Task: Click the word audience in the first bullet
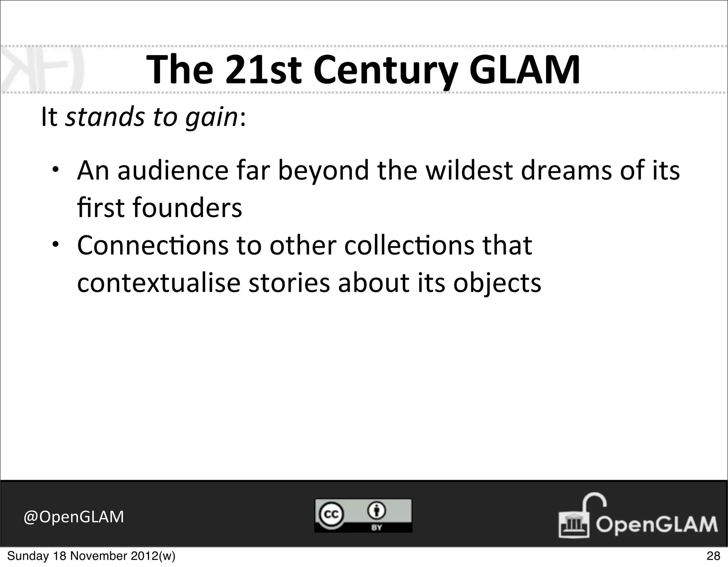[173, 170]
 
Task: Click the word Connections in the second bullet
[152, 246]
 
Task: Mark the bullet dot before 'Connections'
[56, 245]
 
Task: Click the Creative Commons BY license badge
[363, 515]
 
